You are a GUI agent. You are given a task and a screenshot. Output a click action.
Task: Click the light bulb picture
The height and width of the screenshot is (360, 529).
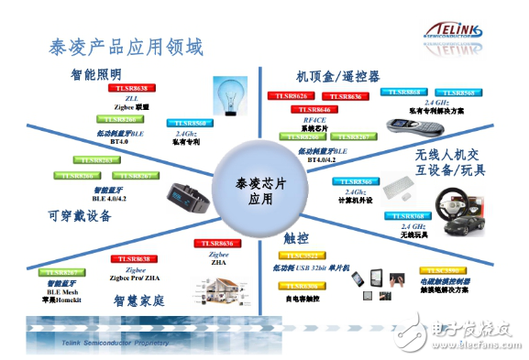(232, 95)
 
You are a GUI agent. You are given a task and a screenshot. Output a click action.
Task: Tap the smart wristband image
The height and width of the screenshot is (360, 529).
(190, 195)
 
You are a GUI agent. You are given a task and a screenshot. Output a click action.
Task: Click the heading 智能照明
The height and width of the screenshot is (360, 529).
(96, 73)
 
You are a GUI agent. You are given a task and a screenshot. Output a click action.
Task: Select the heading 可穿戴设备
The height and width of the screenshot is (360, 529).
(79, 216)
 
